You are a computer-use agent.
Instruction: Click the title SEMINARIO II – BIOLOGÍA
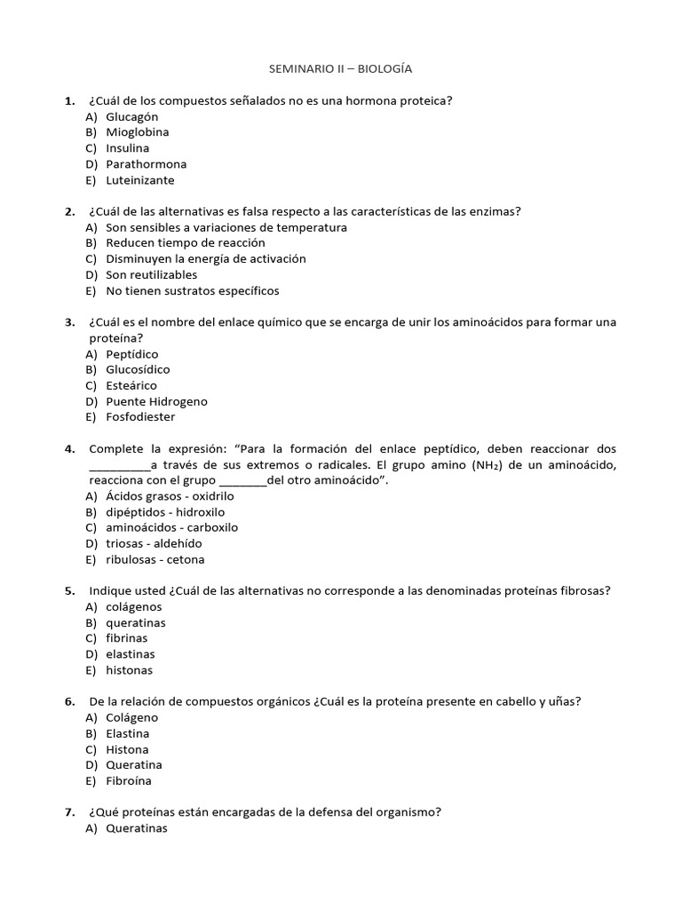(x=340, y=68)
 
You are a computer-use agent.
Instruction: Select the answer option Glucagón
(x=131, y=116)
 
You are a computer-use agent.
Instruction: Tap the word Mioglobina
(x=137, y=132)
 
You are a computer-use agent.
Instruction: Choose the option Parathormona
(x=146, y=164)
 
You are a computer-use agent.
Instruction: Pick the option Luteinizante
(x=140, y=180)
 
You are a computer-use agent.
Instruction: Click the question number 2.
(x=69, y=211)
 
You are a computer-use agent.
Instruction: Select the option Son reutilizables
(x=151, y=275)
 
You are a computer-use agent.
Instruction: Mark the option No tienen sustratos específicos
(x=192, y=291)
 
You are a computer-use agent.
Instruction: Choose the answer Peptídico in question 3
(x=131, y=354)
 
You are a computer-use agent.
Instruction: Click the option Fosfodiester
(x=140, y=417)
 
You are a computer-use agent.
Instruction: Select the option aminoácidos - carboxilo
(x=171, y=527)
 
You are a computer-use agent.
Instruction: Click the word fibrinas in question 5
(x=127, y=638)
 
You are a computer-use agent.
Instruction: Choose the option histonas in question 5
(x=129, y=670)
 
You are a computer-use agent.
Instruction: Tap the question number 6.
(x=69, y=701)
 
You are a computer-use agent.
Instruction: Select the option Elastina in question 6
(x=127, y=734)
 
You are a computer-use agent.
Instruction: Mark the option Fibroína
(x=129, y=781)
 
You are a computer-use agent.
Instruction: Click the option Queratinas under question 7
(x=136, y=829)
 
